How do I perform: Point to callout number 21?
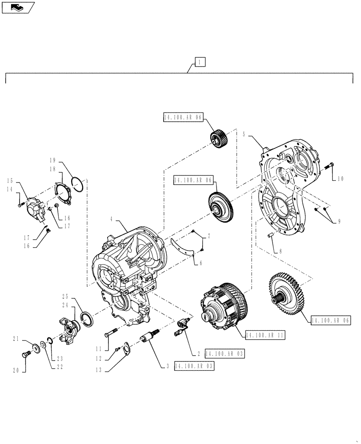coord(16,340)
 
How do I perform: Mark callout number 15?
coord(9,180)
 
